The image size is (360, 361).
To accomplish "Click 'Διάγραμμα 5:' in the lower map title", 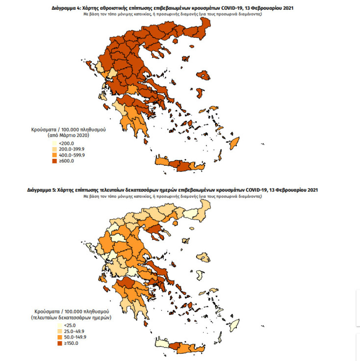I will [x=43, y=190].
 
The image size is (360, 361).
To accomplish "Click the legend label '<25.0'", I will [x=63, y=325].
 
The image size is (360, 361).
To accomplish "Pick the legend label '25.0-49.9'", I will [x=67, y=331].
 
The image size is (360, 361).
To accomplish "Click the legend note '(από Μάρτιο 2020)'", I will [x=68, y=134].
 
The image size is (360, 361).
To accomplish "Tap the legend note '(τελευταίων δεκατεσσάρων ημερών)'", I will [x=72, y=317].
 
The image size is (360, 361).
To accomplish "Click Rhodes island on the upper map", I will [x=234, y=142].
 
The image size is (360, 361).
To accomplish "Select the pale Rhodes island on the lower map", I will [x=234, y=324].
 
